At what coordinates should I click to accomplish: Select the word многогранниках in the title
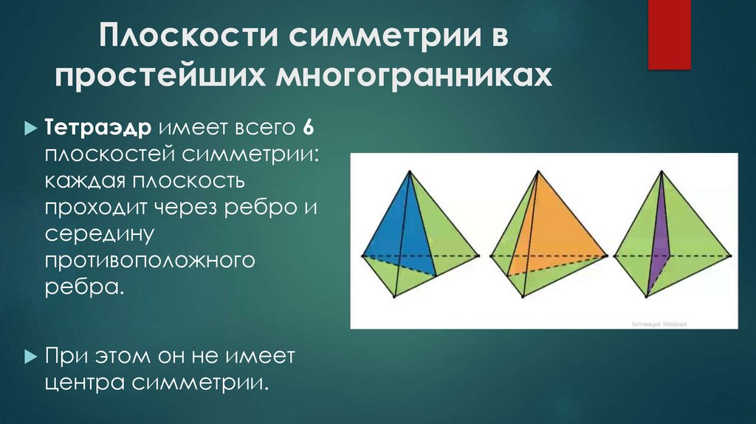414,76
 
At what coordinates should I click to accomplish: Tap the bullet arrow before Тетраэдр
30,127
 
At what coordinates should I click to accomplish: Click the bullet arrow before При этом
30,357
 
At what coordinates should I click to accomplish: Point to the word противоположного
154,260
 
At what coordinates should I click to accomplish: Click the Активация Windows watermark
659,324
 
